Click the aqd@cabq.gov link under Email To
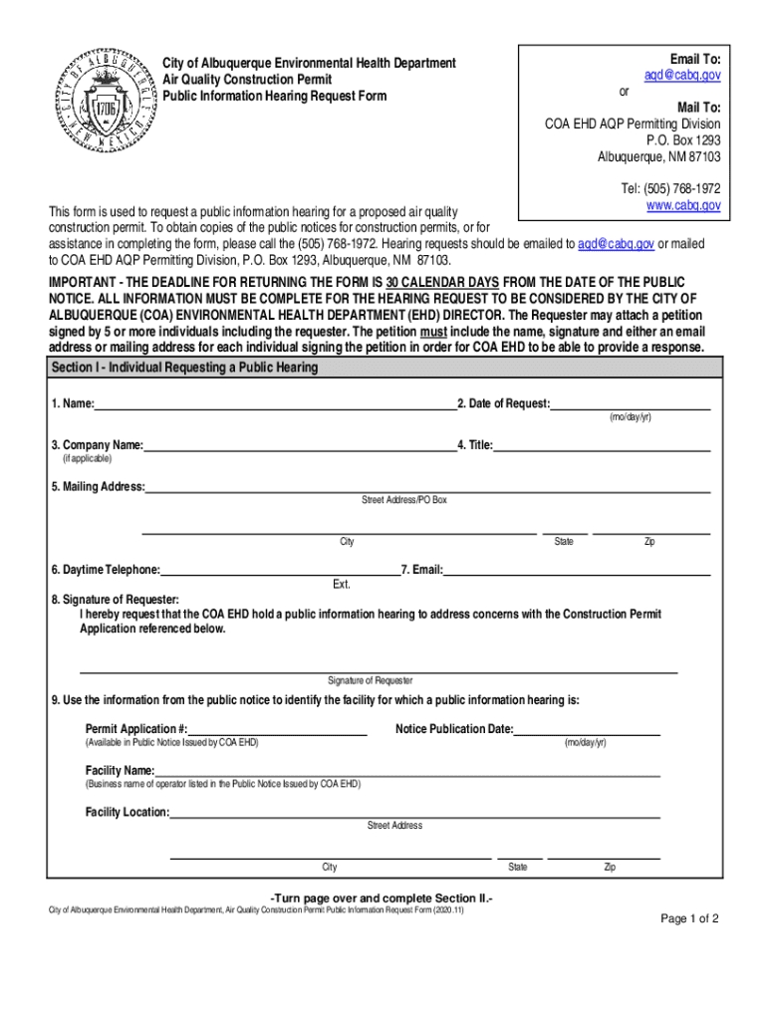tap(682, 75)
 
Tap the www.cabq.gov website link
tap(683, 205)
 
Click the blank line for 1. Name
tap(274, 404)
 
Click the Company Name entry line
tap(299, 445)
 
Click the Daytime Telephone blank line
tap(279, 570)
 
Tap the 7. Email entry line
tap(577, 570)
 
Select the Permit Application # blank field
tap(278, 730)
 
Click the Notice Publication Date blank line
tap(587, 730)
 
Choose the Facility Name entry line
tap(407, 771)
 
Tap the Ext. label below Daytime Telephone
tap(342, 584)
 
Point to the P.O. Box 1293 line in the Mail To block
tap(683, 140)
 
